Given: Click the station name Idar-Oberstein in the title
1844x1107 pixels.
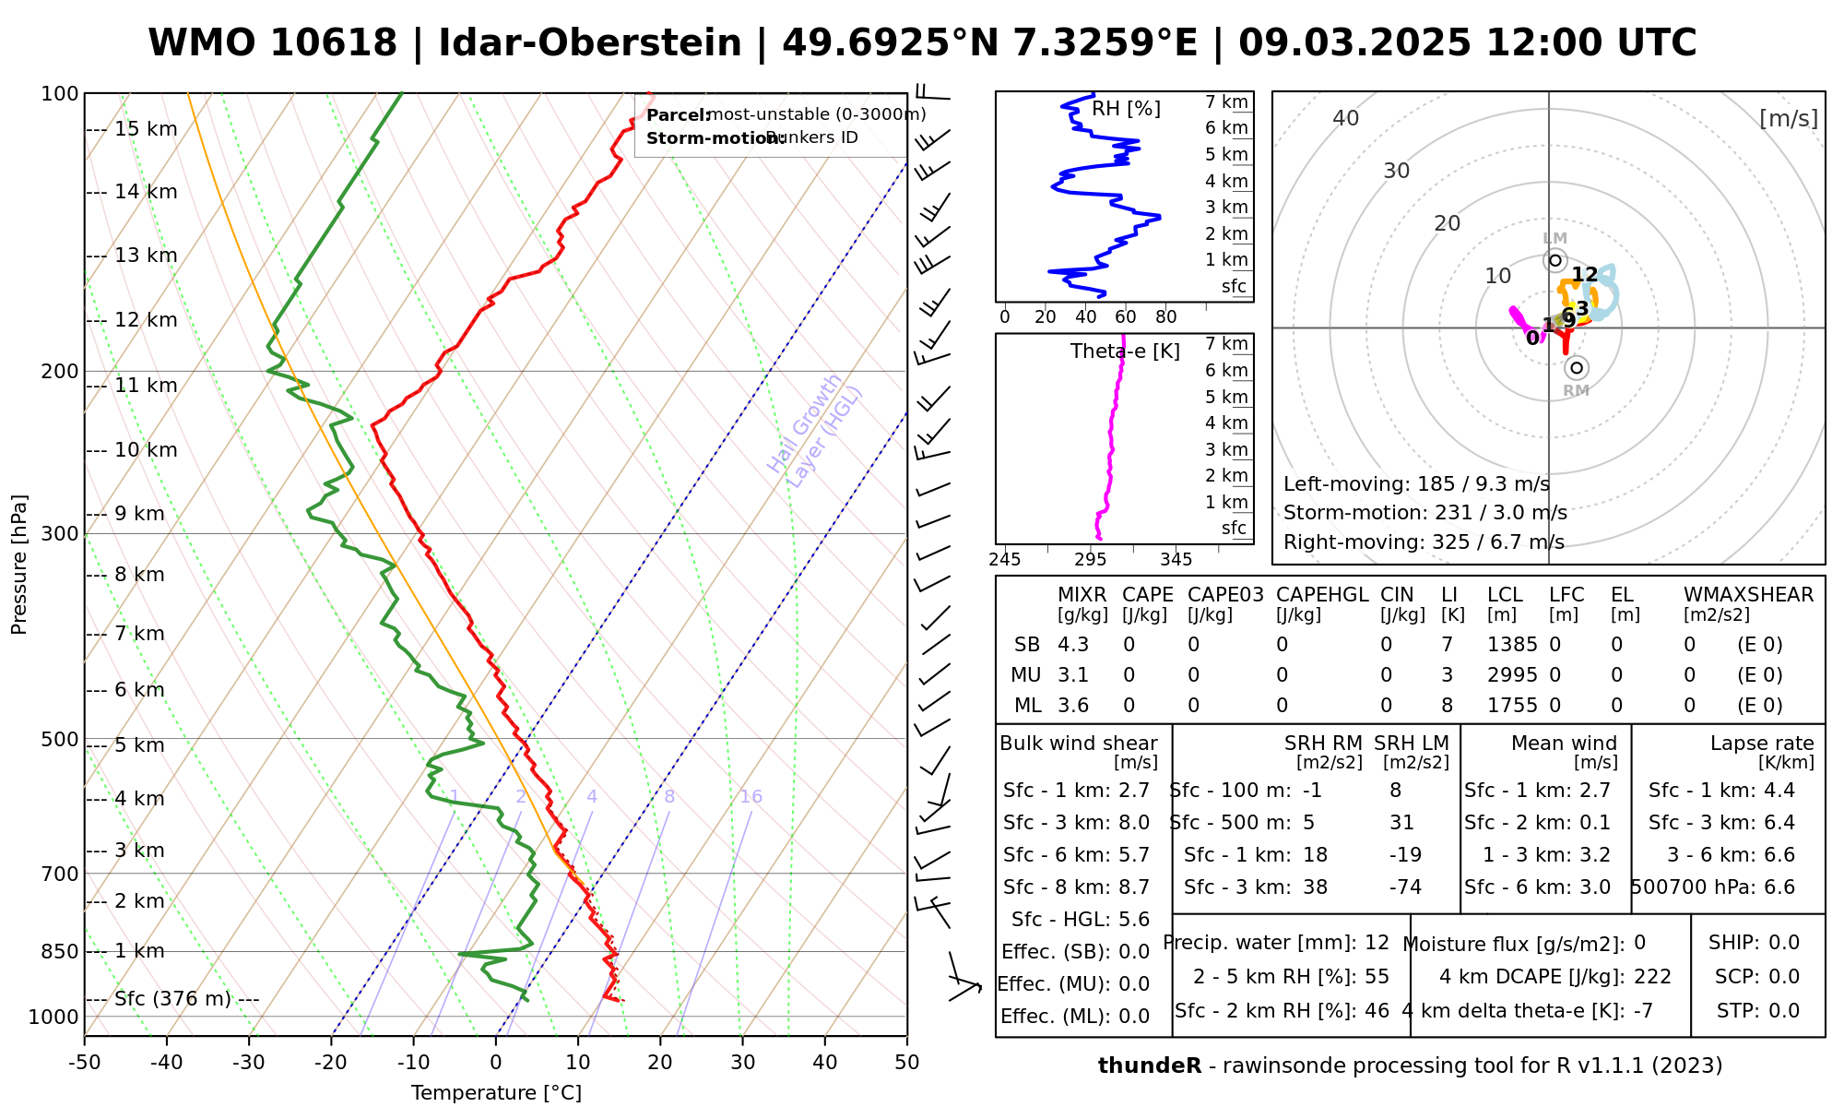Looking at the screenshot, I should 590,43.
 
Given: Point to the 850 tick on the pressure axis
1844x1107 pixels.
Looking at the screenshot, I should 62,951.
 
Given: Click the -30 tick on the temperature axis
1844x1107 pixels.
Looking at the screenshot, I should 249,1063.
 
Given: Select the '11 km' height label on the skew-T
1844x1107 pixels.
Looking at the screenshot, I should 146,386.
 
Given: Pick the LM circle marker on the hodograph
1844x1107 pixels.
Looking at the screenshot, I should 1555,260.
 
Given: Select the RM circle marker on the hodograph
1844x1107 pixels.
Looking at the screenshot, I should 1577,368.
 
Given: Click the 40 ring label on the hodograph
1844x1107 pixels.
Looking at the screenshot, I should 1346,118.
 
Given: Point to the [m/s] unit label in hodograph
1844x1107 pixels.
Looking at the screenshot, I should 1788,118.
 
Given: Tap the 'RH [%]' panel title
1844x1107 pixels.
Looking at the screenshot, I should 1126,109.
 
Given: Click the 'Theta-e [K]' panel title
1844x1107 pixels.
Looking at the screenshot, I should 1125,351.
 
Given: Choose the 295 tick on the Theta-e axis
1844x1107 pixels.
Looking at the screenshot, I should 1091,559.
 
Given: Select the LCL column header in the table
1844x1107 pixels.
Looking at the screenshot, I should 1506,595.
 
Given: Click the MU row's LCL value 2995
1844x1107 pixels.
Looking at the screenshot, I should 1512,675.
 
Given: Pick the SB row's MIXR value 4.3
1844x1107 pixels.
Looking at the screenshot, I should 1073,645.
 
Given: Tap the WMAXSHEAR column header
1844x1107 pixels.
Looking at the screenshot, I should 1748,595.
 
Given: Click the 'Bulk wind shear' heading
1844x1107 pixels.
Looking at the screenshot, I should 1079,744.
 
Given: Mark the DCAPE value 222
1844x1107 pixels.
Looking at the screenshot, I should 1652,977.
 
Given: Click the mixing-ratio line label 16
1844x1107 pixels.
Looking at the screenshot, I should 751,797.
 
